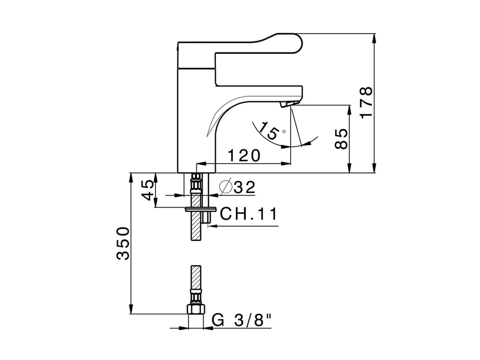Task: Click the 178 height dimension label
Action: (x=366, y=102)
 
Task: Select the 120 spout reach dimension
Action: (x=244, y=155)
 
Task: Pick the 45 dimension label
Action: (x=148, y=190)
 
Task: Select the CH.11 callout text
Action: (x=249, y=214)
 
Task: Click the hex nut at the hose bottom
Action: (x=196, y=309)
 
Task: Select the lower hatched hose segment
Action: (x=196, y=277)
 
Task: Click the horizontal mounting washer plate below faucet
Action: (x=201, y=208)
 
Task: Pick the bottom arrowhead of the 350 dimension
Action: (x=130, y=311)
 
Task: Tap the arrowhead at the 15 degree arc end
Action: (x=308, y=142)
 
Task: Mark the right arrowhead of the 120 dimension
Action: (x=288, y=163)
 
